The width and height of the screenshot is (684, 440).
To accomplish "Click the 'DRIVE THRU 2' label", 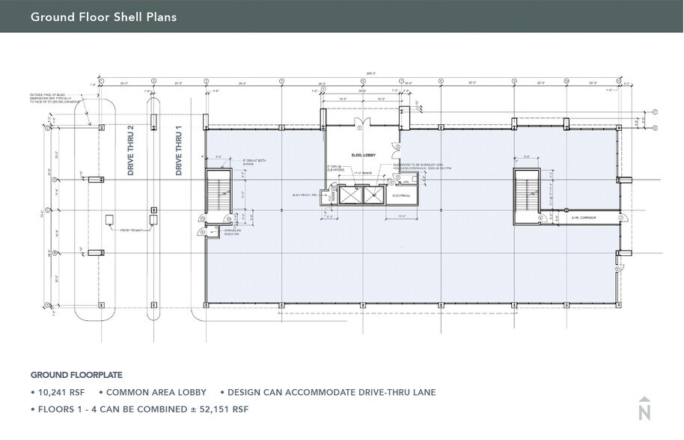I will coord(130,150).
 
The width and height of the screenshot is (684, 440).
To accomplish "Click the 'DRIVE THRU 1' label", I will coord(179,150).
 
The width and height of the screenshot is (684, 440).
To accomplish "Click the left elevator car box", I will coord(349,195).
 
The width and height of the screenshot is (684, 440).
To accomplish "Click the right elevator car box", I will coord(371,195).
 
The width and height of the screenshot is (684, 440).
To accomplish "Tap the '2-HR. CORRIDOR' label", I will coord(580,219).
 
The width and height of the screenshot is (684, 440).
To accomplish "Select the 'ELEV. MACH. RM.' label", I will coord(305,195).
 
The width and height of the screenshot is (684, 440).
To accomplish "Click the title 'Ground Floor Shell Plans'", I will coord(103,16).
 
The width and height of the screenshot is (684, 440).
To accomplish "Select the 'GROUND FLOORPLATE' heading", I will coord(76,375).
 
